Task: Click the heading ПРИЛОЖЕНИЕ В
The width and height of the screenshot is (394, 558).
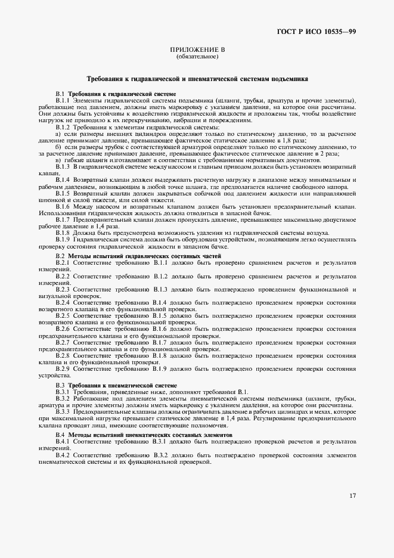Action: pyautogui.click(x=197, y=51)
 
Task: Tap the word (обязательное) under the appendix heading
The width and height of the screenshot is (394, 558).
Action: pyautogui.click(x=197, y=57)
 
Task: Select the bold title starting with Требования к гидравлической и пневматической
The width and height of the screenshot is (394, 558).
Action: pyautogui.click(x=197, y=79)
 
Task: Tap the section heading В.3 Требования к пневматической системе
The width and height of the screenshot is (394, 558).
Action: pyautogui.click(x=116, y=386)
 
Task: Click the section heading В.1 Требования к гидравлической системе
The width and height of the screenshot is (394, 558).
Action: pyautogui.click(x=116, y=94)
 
